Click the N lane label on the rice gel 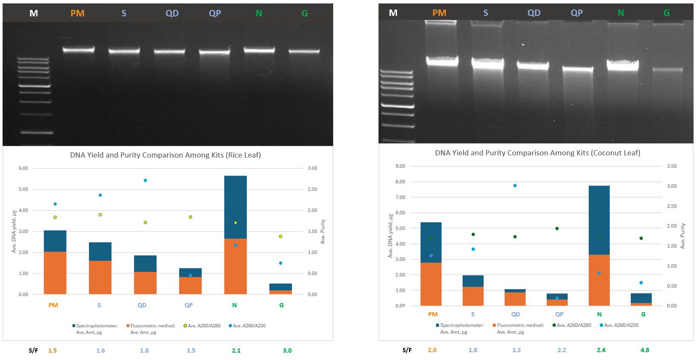click(x=259, y=13)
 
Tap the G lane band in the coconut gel click(x=667, y=69)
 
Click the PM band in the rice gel click(x=79, y=50)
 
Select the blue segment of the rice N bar click(x=235, y=207)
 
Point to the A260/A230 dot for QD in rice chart click(x=145, y=180)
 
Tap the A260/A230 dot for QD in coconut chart click(x=515, y=186)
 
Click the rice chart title click(x=165, y=155)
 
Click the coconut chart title click(x=537, y=153)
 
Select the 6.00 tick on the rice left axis click(x=23, y=168)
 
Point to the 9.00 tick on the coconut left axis click(x=400, y=166)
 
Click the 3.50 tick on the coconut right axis click(x=672, y=166)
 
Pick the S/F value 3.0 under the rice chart click(x=287, y=351)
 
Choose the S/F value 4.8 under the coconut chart click(x=645, y=350)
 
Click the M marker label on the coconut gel click(x=393, y=13)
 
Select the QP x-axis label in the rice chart click(x=189, y=305)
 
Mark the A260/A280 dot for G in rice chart click(x=281, y=237)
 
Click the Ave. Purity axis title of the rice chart click(x=323, y=231)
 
